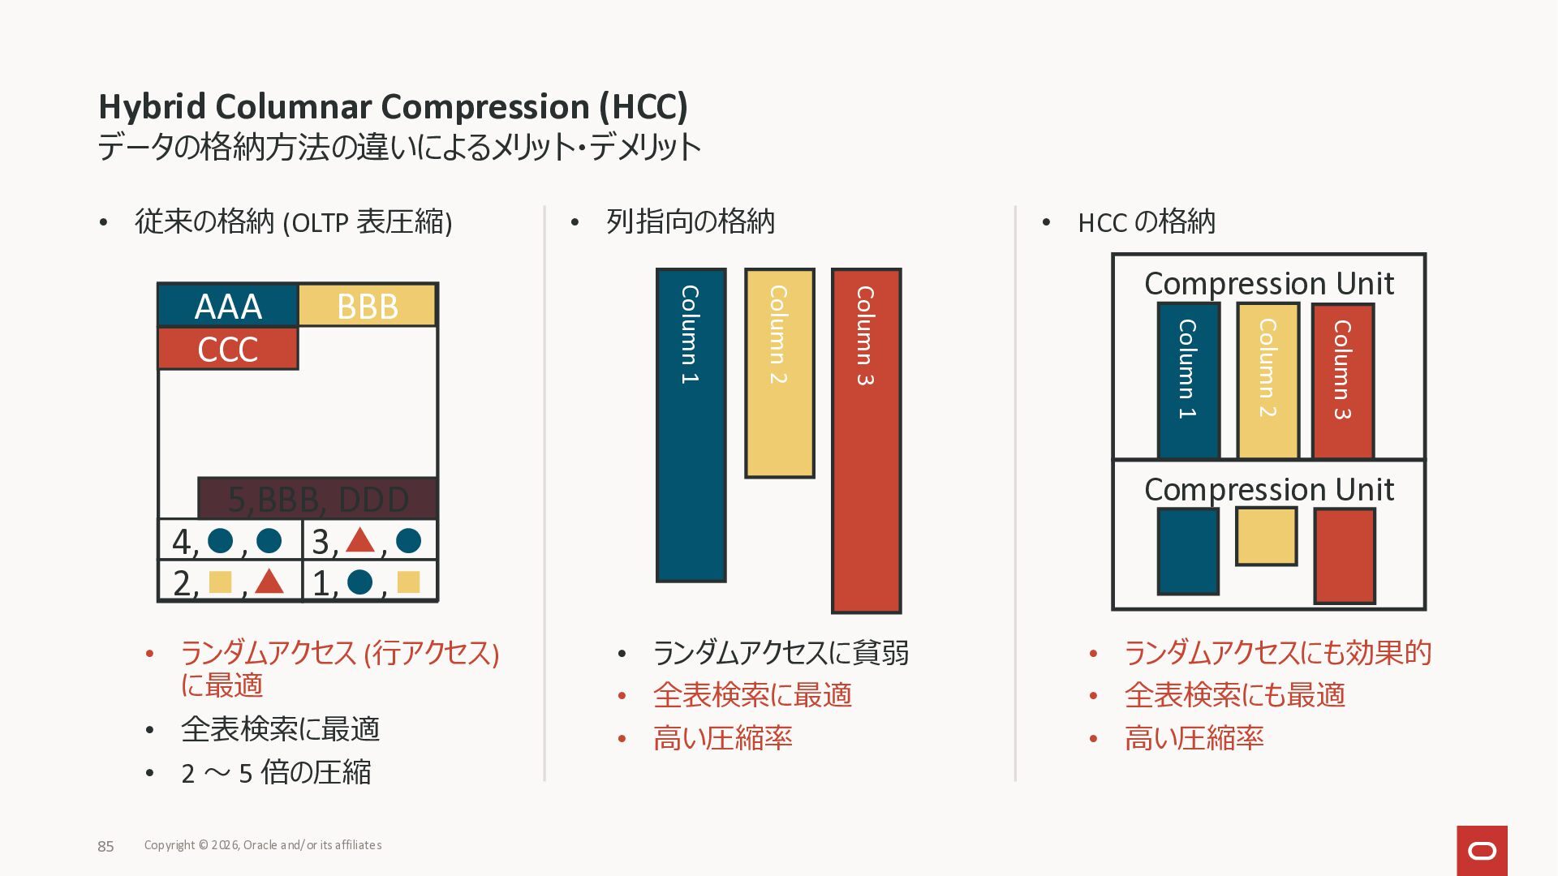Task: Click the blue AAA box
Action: pyautogui.click(x=228, y=306)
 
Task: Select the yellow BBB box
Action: pyautogui.click(x=368, y=306)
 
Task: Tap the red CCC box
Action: pyautogui.click(x=228, y=349)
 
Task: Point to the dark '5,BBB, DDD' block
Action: pyautogui.click(x=317, y=498)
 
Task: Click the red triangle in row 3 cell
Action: pyautogui.click(x=359, y=540)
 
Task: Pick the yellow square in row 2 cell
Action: pyautogui.click(x=220, y=582)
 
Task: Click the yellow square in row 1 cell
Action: pyautogui.click(x=408, y=582)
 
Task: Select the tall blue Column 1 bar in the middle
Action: pyautogui.click(x=691, y=425)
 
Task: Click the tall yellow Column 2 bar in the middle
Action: pyautogui.click(x=779, y=373)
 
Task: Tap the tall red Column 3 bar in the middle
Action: pyautogui.click(x=866, y=440)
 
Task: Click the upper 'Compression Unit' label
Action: pyautogui.click(x=1268, y=283)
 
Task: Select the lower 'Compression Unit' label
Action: pyautogui.click(x=1268, y=489)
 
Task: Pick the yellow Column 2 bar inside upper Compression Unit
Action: pyautogui.click(x=1267, y=380)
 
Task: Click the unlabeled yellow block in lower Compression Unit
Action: pyautogui.click(x=1266, y=536)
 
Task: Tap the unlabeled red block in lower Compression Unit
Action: pyautogui.click(x=1344, y=556)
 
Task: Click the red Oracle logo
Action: pyautogui.click(x=1482, y=850)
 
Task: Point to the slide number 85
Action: pyautogui.click(x=105, y=846)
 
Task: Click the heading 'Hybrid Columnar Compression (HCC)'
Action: pyautogui.click(x=393, y=106)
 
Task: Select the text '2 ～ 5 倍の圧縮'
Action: pyautogui.click(x=276, y=772)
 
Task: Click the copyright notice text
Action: pyautogui.click(x=263, y=845)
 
